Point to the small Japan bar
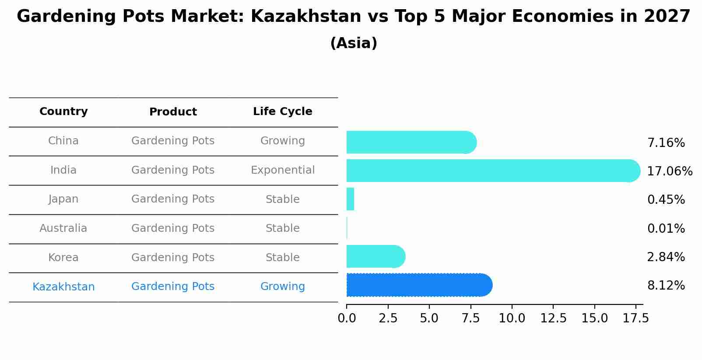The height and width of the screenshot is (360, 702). tap(350, 199)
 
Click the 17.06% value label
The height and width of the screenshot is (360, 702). tap(669, 171)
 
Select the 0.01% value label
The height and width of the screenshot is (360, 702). tap(666, 228)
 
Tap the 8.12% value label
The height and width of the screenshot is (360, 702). tap(666, 286)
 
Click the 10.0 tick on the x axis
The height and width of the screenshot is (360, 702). tap(512, 318)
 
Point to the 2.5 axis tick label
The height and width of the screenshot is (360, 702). tap(388, 318)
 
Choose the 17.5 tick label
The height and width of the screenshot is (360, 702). tap(636, 318)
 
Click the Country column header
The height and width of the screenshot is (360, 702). tap(63, 112)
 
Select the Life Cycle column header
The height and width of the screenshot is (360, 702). tap(282, 112)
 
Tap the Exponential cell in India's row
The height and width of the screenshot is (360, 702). tap(282, 170)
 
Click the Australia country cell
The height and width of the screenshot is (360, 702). tap(63, 228)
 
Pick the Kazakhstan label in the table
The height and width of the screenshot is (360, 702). tap(63, 287)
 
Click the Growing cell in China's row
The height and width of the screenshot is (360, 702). tap(282, 141)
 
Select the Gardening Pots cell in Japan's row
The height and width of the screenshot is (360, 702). tap(173, 199)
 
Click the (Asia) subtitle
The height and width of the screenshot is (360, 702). tap(354, 43)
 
